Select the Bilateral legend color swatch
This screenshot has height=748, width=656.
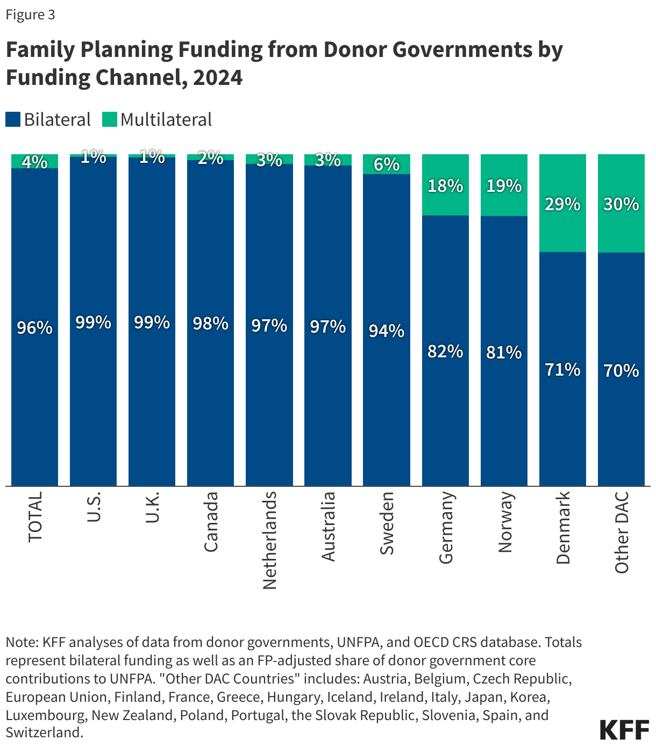13,119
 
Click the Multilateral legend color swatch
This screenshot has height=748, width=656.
110,119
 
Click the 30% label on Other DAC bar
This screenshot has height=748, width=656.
621,204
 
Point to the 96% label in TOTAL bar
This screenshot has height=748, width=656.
35,327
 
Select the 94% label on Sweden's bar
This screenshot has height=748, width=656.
387,330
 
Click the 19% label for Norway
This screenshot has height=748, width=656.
504,186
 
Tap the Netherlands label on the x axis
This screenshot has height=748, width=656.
269,540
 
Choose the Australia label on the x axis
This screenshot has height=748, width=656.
328,526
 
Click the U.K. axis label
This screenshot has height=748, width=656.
152,508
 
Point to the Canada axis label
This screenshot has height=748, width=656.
211,521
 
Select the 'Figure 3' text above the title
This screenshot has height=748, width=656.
30,15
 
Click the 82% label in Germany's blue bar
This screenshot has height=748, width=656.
445,351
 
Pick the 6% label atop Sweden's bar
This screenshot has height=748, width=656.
387,164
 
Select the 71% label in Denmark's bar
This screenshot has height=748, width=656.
562,370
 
